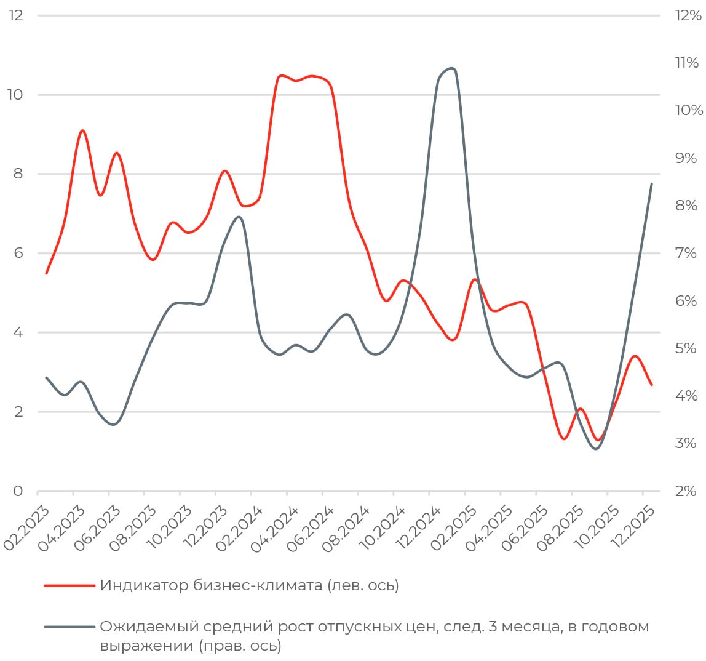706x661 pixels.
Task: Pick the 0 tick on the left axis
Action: [17, 491]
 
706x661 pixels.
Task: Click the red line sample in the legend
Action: [69, 585]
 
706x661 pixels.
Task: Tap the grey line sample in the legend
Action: [69, 627]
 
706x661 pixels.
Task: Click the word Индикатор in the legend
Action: [132, 585]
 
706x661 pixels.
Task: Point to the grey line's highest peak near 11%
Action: [451, 68]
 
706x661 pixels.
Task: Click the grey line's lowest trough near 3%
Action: [595, 449]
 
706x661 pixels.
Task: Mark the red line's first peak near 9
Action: [82, 130]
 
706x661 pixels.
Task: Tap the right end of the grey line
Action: [651, 184]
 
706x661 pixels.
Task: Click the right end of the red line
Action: [651, 385]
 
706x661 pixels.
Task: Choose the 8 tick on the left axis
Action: [17, 174]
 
